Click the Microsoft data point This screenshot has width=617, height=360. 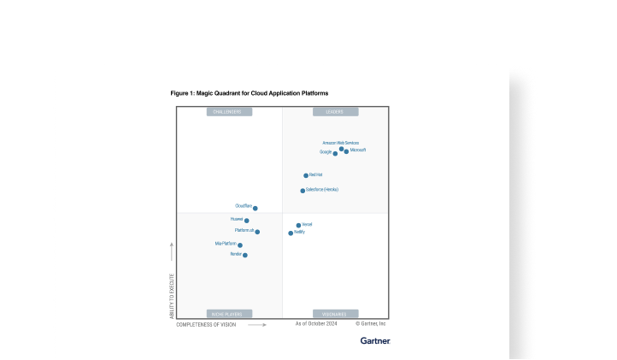pyautogui.click(x=346, y=151)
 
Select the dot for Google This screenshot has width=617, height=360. pyautogui.click(x=335, y=154)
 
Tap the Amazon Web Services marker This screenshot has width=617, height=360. pyautogui.click(x=341, y=149)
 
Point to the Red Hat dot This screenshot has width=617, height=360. pyautogui.click(x=306, y=175)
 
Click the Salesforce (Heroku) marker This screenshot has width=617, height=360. pyautogui.click(x=303, y=191)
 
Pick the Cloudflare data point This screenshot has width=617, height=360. pyautogui.click(x=255, y=208)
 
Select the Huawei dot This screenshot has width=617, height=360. pyautogui.click(x=247, y=221)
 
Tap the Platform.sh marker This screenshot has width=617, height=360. pyautogui.click(x=257, y=232)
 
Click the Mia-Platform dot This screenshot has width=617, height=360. pyautogui.click(x=240, y=245)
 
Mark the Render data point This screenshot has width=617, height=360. pyautogui.click(x=245, y=255)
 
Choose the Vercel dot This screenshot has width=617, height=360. pyautogui.click(x=298, y=226)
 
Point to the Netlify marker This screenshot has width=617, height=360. pyautogui.click(x=291, y=233)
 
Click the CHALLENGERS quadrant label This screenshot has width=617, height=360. pyautogui.click(x=229, y=112)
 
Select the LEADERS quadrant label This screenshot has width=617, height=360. pyautogui.click(x=335, y=112)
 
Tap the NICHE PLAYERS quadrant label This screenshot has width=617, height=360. pyautogui.click(x=229, y=314)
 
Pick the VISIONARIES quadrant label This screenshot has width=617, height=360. pyautogui.click(x=335, y=314)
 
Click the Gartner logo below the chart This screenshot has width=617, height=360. pyautogui.click(x=374, y=340)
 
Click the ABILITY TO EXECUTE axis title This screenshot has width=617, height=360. pyautogui.click(x=172, y=295)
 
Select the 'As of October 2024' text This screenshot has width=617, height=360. pyautogui.click(x=317, y=324)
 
